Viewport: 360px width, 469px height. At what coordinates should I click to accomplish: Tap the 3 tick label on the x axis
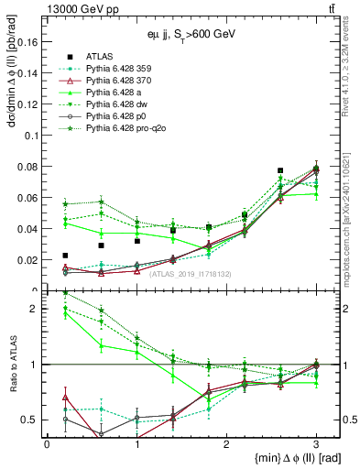[316, 445]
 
